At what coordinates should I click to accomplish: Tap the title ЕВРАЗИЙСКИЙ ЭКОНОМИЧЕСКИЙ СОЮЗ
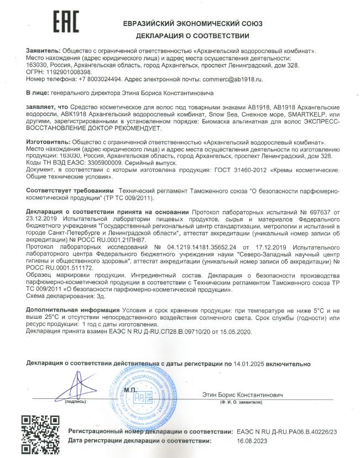194,24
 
